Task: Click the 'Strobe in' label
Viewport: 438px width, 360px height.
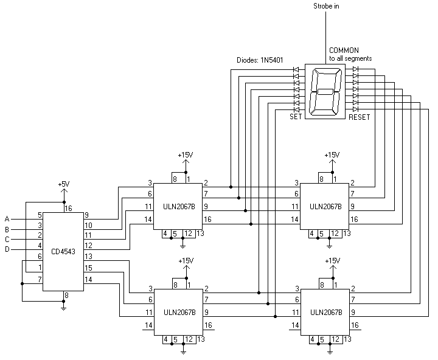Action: point(327,6)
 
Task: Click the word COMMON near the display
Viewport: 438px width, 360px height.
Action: point(344,50)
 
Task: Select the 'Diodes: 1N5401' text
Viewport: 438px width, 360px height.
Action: point(262,60)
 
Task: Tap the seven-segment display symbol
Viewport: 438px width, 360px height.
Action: point(325,91)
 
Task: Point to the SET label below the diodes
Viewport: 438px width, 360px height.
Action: point(296,116)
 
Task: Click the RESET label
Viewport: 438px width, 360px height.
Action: point(359,116)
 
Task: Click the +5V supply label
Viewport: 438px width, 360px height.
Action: point(64,184)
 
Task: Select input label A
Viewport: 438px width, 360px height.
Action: point(7,219)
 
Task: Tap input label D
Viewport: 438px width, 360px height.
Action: point(7,249)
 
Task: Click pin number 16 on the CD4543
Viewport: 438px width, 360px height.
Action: point(68,209)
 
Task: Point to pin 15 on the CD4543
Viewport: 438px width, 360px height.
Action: point(88,268)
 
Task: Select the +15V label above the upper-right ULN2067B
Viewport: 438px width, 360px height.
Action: point(332,155)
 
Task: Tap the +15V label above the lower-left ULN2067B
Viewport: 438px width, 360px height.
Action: point(186,261)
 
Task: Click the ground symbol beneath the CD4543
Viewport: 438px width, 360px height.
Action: point(64,308)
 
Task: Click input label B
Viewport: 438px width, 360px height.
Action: point(7,229)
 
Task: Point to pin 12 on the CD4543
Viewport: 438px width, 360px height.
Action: point(88,246)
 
